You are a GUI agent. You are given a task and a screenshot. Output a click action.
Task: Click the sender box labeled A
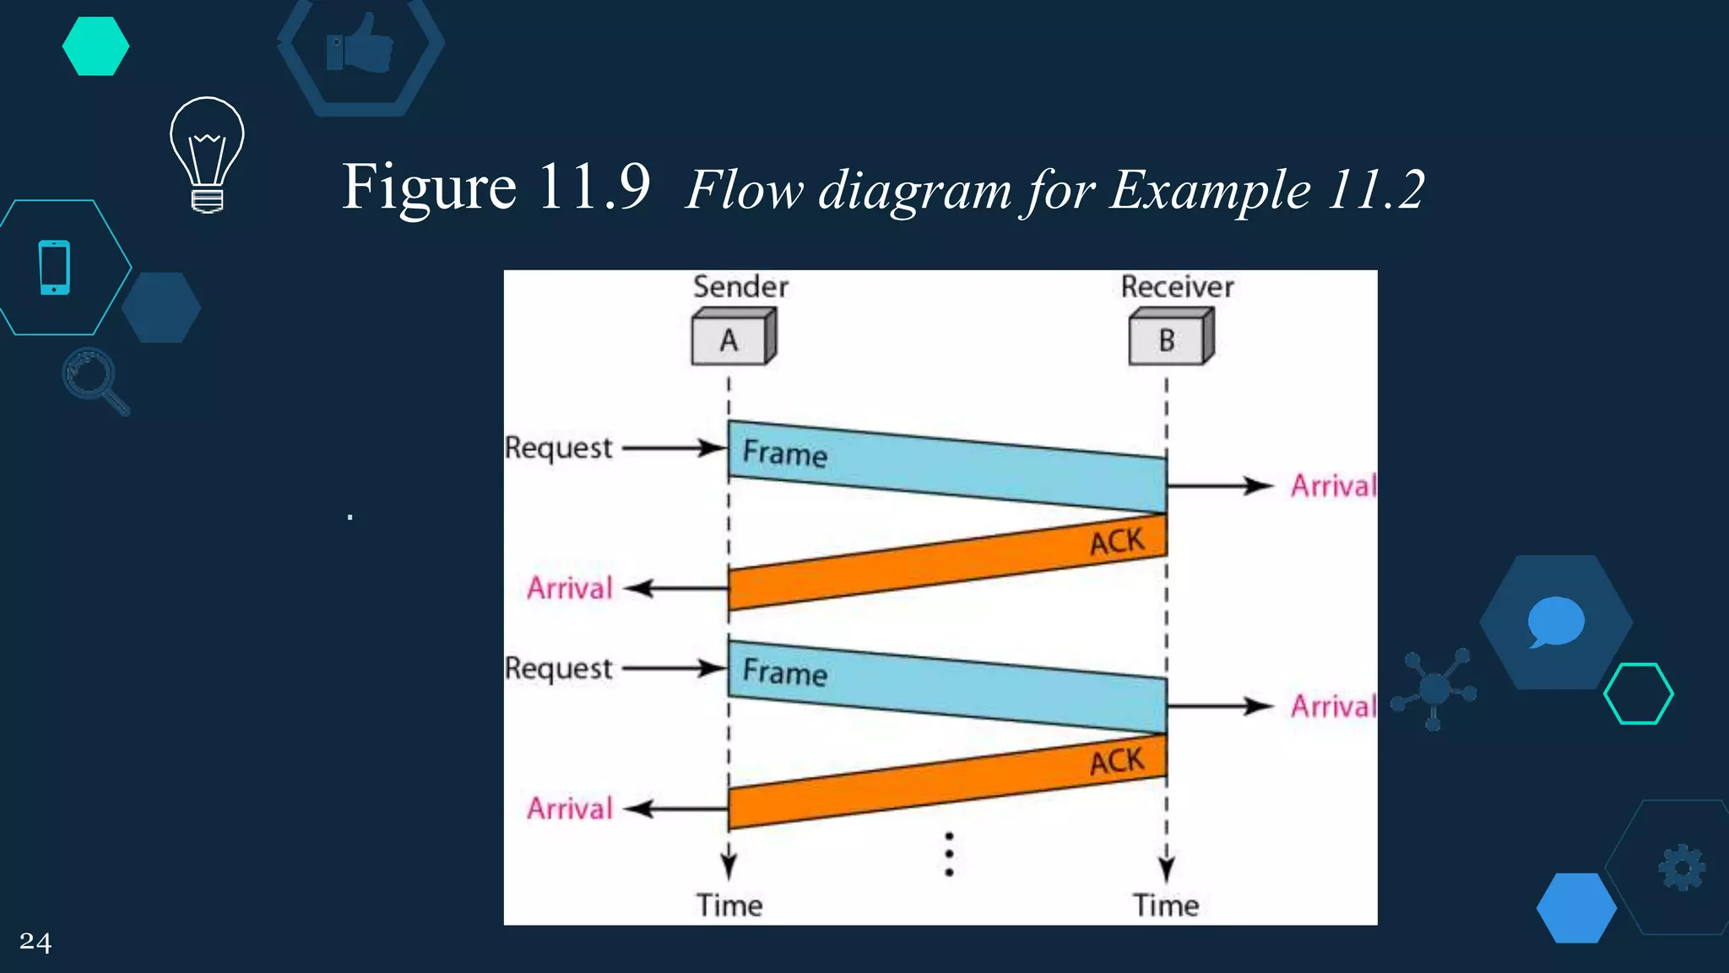[732, 339]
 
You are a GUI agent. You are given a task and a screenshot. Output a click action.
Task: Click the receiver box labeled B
[1170, 339]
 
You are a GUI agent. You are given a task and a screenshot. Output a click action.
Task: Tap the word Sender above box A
[740, 287]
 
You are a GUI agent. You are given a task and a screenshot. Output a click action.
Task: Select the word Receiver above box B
[1177, 287]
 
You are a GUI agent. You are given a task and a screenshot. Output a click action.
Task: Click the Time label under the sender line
[729, 905]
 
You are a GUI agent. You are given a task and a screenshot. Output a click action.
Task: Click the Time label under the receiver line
[1166, 905]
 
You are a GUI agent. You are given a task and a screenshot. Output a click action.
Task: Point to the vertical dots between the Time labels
[949, 854]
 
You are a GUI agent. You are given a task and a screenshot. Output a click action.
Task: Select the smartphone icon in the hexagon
[55, 268]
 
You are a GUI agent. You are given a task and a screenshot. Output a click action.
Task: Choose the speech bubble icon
[1555, 622]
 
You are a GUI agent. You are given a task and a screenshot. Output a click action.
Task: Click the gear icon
[1682, 867]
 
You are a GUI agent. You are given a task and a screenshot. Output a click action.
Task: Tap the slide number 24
[35, 942]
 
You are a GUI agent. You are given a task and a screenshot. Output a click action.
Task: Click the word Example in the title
[1210, 189]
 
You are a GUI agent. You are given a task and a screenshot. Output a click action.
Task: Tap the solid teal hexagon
[95, 46]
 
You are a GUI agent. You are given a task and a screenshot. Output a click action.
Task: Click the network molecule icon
[1434, 689]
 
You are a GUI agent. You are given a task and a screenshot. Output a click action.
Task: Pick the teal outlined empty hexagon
[1638, 693]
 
